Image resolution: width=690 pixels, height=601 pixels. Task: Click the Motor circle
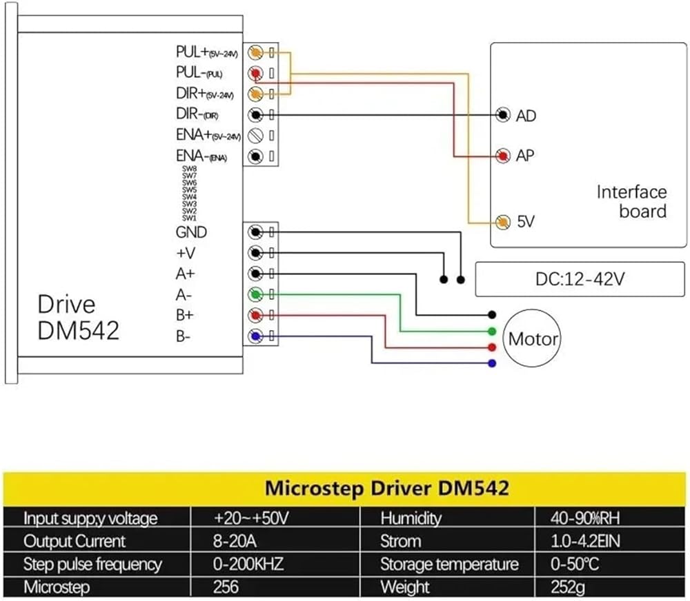point(532,338)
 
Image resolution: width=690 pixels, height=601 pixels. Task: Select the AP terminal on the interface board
point(504,155)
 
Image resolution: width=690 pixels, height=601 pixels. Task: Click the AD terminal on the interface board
point(504,114)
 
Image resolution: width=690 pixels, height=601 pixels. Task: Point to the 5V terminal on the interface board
point(504,222)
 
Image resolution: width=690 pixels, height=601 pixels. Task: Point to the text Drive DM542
point(78,317)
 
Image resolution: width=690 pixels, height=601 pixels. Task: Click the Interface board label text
point(632,201)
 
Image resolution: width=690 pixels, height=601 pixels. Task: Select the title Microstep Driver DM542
point(387,489)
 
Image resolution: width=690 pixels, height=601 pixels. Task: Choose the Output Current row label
point(75,541)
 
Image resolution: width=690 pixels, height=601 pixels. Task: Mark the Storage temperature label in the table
point(449,564)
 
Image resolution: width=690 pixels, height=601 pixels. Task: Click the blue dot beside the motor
point(491,363)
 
